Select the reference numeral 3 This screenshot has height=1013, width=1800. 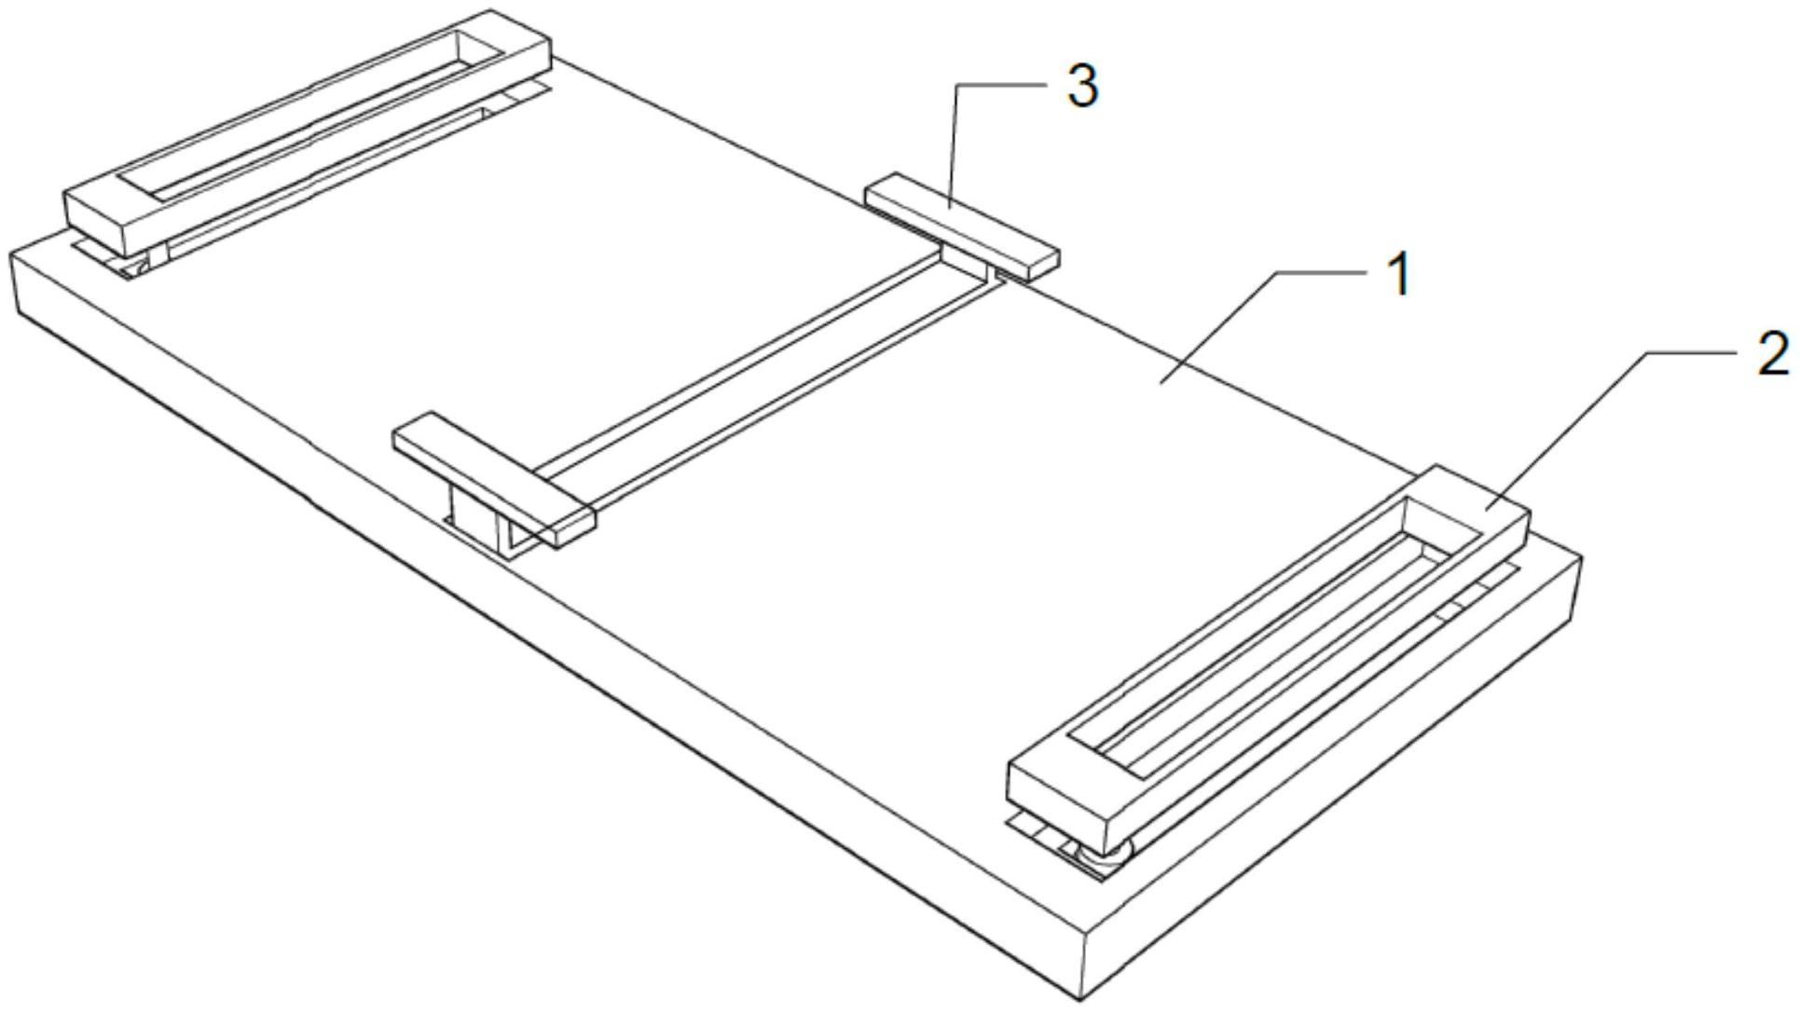1082,87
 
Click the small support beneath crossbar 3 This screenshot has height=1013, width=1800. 969,263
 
